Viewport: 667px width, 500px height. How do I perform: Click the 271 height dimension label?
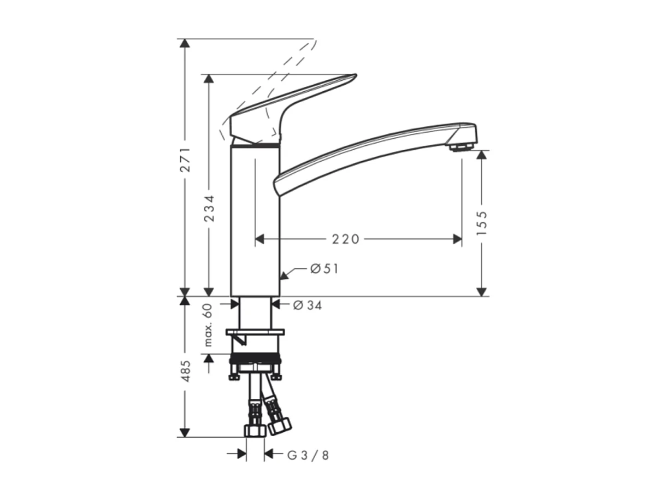click(186, 160)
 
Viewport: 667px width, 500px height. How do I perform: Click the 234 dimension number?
click(209, 208)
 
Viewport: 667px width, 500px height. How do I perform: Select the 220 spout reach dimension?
click(346, 239)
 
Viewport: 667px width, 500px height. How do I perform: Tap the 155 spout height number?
click(481, 223)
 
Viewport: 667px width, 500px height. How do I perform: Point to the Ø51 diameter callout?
click(324, 268)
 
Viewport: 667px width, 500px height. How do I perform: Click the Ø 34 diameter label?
click(308, 305)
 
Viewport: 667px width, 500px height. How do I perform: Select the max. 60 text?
click(208, 325)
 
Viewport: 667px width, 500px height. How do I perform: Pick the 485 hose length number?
click(186, 370)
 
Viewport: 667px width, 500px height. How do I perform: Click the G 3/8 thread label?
click(309, 455)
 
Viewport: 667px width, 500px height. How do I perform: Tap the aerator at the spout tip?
click(462, 146)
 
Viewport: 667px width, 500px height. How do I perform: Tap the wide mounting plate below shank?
click(256, 332)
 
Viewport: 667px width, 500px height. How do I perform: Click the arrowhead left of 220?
click(260, 239)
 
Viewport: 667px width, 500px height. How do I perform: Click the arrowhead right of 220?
click(457, 239)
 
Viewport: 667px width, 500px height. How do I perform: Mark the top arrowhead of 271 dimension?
click(185, 44)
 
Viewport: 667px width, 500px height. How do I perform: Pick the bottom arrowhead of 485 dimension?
click(185, 432)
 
